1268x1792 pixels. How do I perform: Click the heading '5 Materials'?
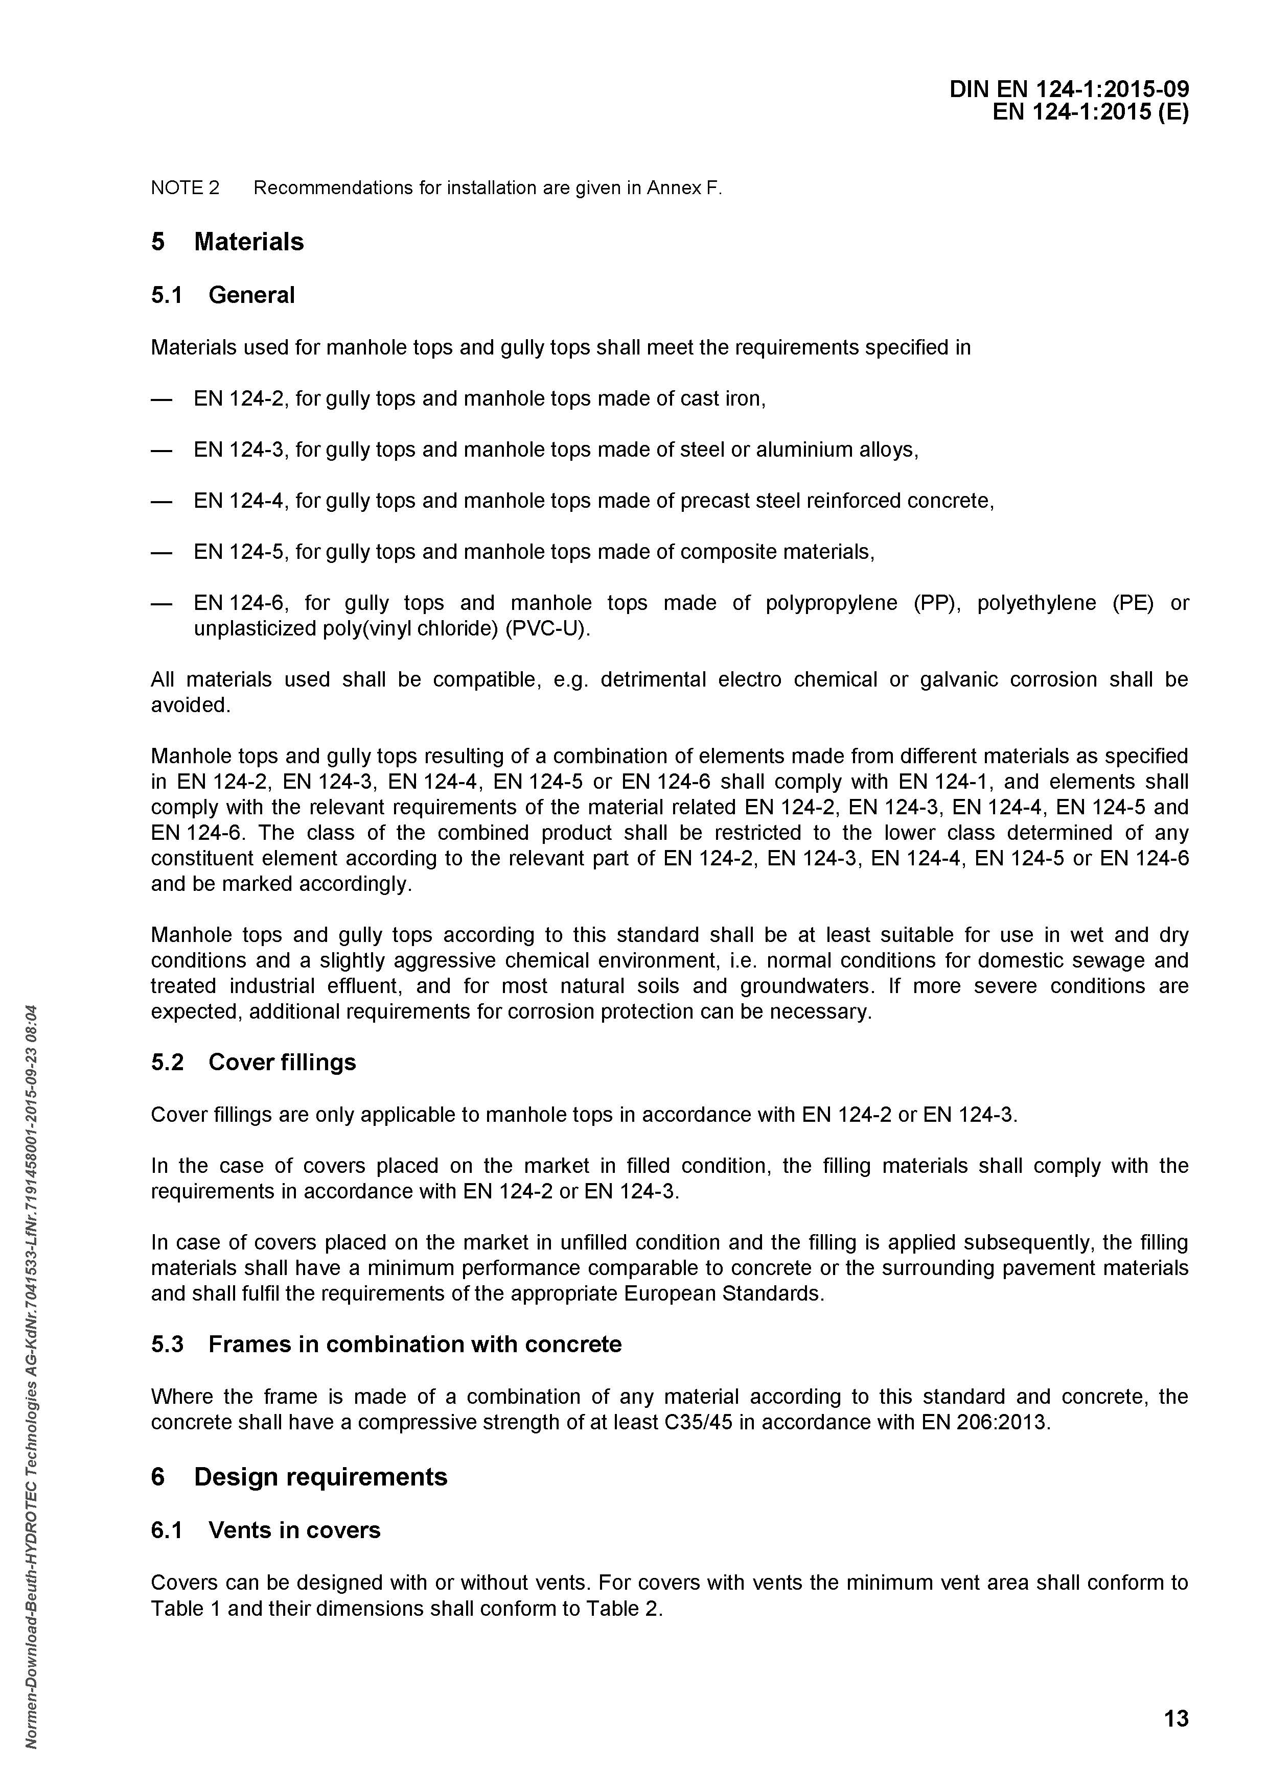pos(227,242)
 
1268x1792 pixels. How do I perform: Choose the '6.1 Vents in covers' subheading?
pos(265,1530)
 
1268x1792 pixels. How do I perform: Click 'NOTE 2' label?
pos(185,188)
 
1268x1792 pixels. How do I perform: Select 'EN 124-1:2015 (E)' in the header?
pos(1090,113)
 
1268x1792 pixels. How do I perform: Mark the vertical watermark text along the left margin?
pos(31,1366)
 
